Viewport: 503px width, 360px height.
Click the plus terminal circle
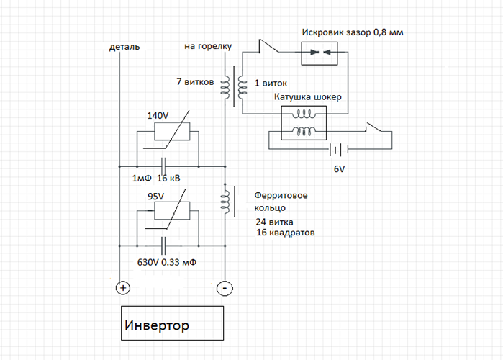pyautogui.click(x=122, y=288)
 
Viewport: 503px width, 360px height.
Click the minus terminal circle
pyautogui.click(x=224, y=288)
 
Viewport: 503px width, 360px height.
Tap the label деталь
pyautogui.click(x=124, y=47)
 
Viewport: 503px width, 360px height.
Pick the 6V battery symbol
pyautogui.click(x=335, y=150)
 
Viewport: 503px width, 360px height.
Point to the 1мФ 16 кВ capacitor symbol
pyautogui.click(x=165, y=164)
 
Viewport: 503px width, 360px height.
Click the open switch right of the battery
pyautogui.click(x=376, y=130)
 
